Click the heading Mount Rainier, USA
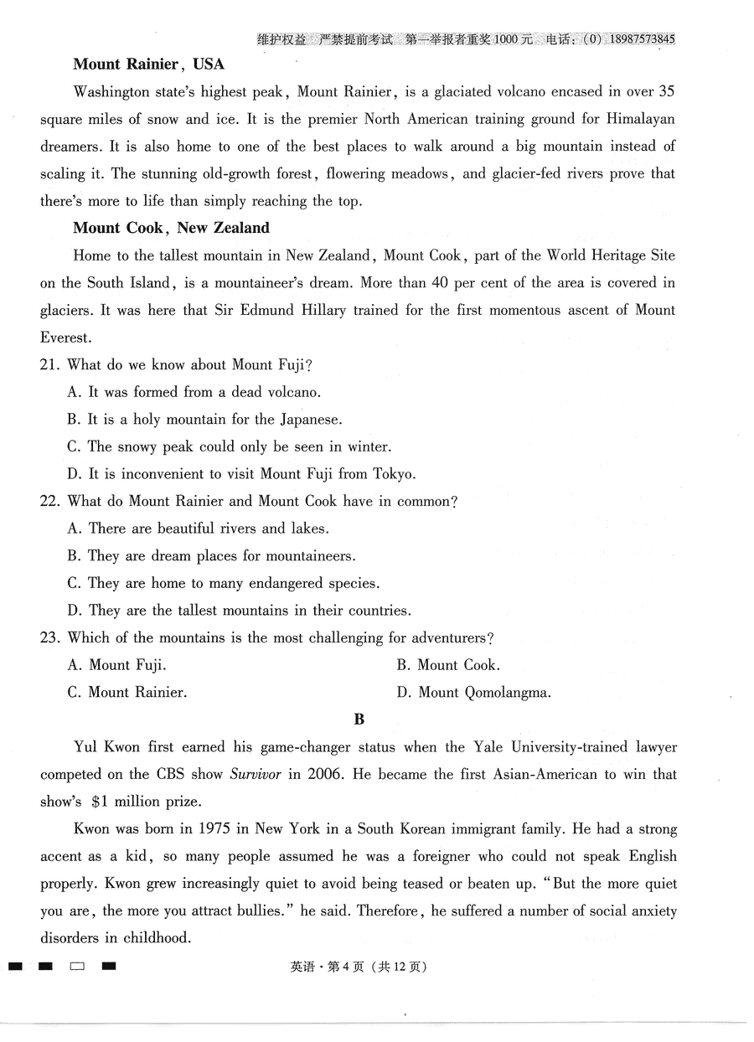click(148, 64)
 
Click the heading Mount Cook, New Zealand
click(171, 228)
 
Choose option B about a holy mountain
click(204, 419)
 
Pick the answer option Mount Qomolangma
click(474, 693)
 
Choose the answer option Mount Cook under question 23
click(448, 665)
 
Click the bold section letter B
click(359, 720)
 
